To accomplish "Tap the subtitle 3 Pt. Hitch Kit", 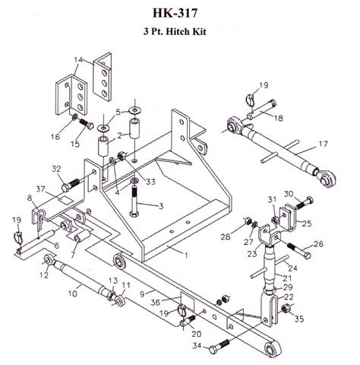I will click(x=179, y=33).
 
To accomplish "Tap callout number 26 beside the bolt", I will click(x=317, y=244).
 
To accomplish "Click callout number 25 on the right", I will click(x=305, y=224).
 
